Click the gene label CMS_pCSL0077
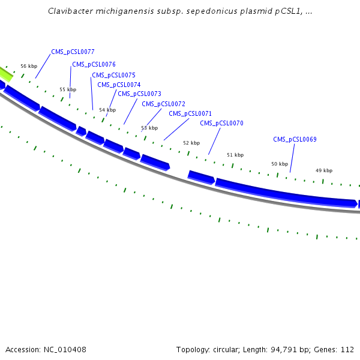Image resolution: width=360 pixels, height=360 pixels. coord(73,52)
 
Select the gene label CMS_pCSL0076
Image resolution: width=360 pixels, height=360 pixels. coord(94,64)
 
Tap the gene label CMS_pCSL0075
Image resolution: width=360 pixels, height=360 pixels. coord(113,75)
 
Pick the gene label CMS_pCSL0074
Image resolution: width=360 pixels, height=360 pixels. coord(119,85)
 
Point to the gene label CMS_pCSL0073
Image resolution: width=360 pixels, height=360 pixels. coord(139,94)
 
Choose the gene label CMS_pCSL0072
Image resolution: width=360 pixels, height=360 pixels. coord(163,104)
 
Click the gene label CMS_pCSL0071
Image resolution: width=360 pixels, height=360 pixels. coord(190,113)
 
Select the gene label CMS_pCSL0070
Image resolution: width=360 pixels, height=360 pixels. coord(221,123)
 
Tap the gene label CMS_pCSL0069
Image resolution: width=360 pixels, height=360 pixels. coord(295,139)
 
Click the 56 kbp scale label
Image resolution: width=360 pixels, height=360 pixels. coord(29,66)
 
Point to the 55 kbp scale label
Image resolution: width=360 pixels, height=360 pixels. coord(68,89)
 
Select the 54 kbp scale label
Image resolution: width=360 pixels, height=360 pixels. coord(107,110)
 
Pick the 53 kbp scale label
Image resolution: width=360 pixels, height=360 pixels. coord(149,128)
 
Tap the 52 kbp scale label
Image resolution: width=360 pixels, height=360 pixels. coord(191,143)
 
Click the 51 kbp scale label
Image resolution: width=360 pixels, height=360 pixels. coord(235,155)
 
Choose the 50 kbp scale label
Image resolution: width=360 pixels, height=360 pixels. coord(280,164)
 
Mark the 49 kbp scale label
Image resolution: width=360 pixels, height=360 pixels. coord(324,170)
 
